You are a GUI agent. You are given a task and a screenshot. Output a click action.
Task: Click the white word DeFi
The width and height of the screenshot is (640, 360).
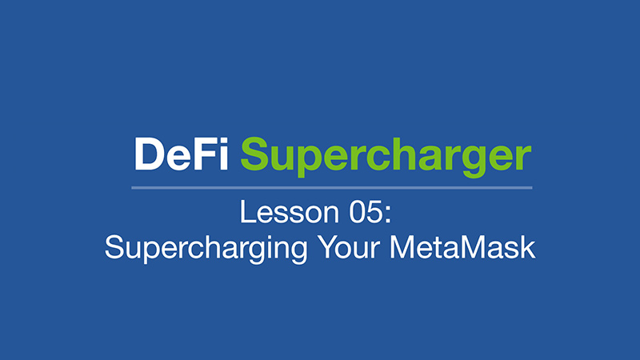(181, 154)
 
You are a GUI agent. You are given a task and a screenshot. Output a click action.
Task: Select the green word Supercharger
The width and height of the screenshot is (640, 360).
(386, 157)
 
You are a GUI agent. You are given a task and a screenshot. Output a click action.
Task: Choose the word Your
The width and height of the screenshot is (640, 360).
(350, 247)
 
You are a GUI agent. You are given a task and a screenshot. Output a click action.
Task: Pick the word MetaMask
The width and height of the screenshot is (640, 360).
(462, 247)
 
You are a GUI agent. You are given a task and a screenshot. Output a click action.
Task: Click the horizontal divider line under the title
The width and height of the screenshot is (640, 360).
(332, 188)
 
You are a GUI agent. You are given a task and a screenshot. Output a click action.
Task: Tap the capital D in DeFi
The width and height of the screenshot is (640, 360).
(149, 154)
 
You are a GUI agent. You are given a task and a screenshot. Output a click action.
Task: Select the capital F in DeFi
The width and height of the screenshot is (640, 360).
(204, 154)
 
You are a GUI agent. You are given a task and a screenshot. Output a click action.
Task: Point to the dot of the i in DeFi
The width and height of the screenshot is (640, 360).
(224, 142)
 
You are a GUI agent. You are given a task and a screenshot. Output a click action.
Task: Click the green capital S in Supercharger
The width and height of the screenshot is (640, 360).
(255, 154)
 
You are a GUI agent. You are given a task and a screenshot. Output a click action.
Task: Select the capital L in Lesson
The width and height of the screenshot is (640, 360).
(247, 212)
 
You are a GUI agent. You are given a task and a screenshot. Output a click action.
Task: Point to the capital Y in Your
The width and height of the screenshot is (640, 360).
(329, 247)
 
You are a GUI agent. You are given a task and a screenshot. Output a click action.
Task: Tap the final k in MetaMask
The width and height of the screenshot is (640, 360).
(527, 247)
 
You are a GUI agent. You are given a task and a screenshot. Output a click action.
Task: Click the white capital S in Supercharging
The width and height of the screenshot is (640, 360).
(114, 247)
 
